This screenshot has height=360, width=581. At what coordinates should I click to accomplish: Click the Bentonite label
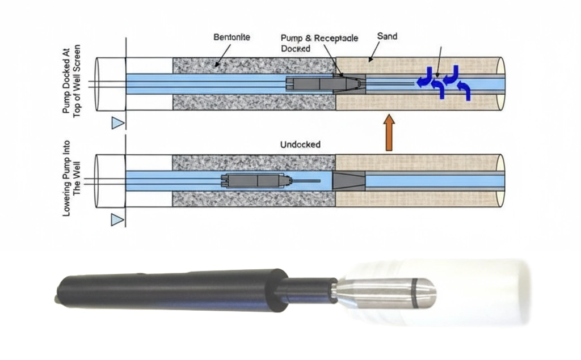click(231, 37)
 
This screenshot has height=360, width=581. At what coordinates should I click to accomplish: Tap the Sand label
click(387, 36)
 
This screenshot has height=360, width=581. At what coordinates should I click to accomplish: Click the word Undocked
click(300, 145)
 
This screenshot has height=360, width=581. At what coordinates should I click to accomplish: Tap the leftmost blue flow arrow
click(424, 79)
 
